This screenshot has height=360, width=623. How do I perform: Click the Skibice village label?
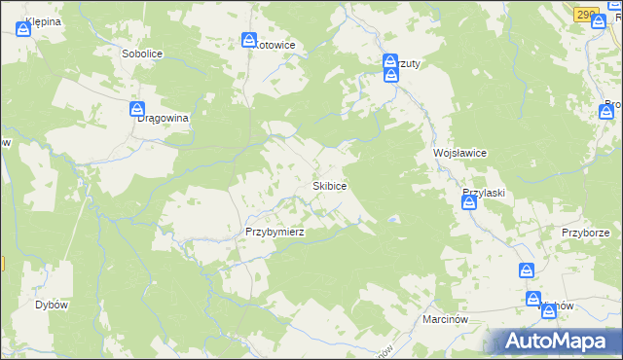(x=330, y=185)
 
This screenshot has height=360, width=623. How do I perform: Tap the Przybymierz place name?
(x=275, y=232)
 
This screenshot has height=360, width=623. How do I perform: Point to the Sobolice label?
(x=141, y=54)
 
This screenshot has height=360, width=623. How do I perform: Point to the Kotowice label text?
(x=275, y=45)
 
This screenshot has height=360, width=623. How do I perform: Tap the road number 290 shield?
(x=584, y=15)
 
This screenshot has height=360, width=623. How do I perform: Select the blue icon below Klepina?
(x=22, y=30)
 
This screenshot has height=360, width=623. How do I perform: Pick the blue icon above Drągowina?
(x=137, y=108)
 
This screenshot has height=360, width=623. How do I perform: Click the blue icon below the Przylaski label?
(x=468, y=202)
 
